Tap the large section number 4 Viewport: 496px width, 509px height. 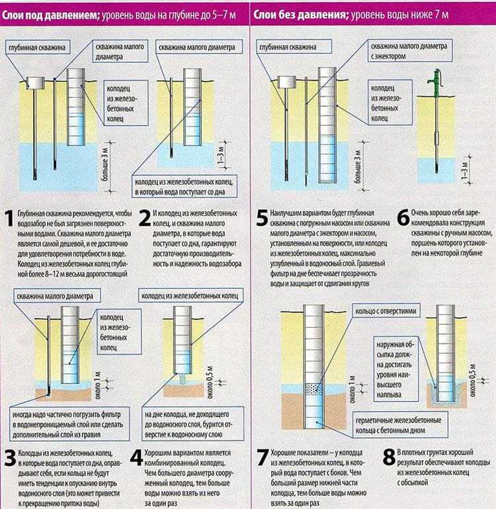pyautogui.click(x=137, y=458)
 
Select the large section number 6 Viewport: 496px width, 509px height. pyautogui.click(x=403, y=218)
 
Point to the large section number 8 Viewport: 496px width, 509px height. pyautogui.click(x=390, y=457)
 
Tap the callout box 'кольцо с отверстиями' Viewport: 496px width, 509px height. pyautogui.click(x=386, y=311)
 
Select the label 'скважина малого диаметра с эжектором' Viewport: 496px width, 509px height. pyautogui.click(x=410, y=51)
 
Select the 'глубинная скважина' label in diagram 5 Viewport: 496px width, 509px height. pyautogui.click(x=294, y=47)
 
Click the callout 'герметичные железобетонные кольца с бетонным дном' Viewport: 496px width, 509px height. pyautogui.click(x=400, y=425)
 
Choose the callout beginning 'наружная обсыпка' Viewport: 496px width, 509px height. pyautogui.click(x=395, y=369)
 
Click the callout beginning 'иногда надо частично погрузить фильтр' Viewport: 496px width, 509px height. pyautogui.click(x=69, y=424)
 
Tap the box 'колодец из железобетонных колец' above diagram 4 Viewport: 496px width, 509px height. pyautogui.click(x=190, y=295)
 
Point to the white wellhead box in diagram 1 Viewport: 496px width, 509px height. pyautogui.click(x=35, y=83)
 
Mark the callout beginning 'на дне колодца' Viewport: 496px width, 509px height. pyautogui.click(x=192, y=424)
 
